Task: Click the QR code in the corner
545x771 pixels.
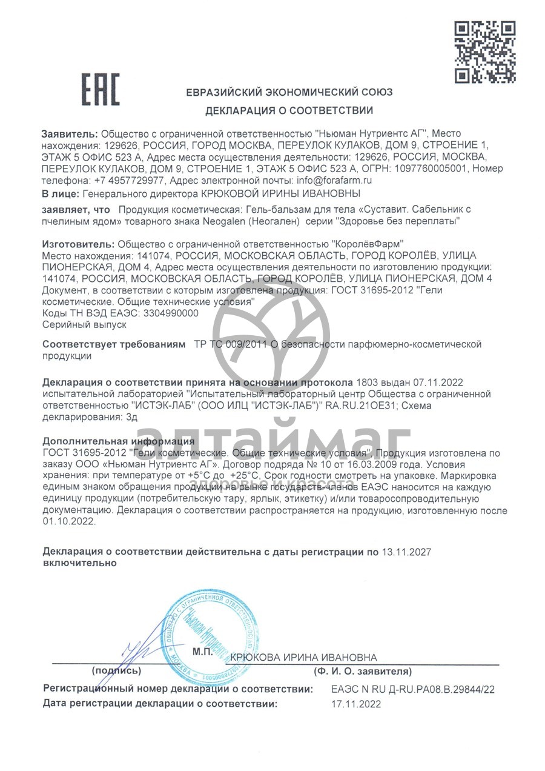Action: [484, 52]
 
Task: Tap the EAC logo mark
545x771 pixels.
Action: [101, 89]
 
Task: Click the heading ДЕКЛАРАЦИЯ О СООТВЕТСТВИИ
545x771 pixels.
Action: [289, 110]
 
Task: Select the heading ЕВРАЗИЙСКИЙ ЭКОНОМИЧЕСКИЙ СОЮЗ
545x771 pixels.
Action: [289, 92]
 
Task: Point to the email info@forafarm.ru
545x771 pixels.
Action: [332, 180]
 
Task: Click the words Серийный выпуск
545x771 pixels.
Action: [84, 325]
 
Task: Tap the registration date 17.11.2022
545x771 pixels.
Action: [356, 704]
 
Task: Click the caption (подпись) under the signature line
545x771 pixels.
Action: [116, 671]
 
